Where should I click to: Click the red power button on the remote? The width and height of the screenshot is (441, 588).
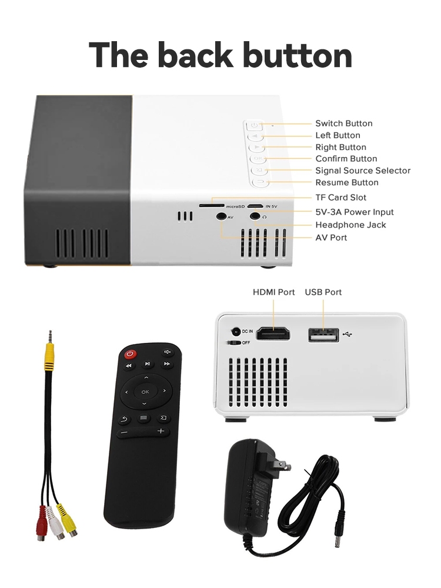point(130,354)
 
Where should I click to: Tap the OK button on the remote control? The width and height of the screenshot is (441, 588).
point(145,391)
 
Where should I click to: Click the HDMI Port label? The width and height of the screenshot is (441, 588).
point(273,292)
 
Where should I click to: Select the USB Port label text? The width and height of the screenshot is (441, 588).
point(323,292)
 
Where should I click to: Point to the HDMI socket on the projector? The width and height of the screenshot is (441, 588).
point(274,334)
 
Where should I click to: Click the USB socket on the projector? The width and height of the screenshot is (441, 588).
point(323,335)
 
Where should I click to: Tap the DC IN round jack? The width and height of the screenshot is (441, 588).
point(236,332)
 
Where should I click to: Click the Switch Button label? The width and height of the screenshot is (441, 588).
point(343,123)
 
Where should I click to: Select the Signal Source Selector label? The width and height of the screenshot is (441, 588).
point(363,171)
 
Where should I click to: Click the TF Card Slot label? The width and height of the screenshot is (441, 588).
point(340,198)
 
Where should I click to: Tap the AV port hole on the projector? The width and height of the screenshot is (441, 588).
point(221,216)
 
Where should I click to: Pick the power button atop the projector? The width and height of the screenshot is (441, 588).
point(253,125)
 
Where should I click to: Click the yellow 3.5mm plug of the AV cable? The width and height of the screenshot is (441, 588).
point(50,352)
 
